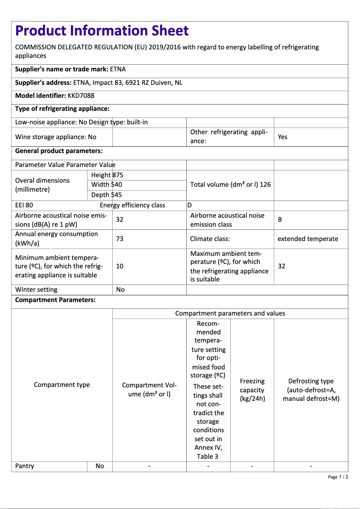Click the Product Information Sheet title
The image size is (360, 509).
102,31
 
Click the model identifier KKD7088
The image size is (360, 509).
81,96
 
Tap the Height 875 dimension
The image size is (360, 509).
107,175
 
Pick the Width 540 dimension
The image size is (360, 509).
106,184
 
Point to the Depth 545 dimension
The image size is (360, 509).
106,195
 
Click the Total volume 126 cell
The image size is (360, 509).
230,184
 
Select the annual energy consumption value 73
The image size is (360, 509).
120,239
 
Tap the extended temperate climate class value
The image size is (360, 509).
307,239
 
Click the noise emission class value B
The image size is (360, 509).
280,220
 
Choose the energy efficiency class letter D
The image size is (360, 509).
189,205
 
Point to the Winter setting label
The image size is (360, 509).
36,290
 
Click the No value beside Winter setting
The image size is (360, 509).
120,290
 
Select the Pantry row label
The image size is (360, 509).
25,466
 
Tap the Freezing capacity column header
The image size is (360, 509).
252,390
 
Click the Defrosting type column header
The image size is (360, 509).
311,390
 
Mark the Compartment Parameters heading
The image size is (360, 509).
55,300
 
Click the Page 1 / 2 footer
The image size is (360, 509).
338,477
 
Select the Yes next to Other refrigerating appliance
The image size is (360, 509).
282,137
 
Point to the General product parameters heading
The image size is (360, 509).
59,151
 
